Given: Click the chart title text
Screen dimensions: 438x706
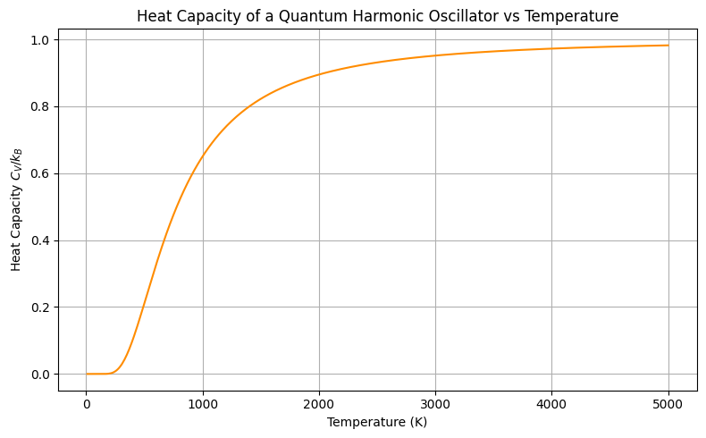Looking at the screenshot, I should (x=377, y=16).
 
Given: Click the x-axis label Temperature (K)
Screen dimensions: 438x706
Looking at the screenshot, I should (x=377, y=422).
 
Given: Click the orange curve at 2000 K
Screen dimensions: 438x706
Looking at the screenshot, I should (x=319, y=75).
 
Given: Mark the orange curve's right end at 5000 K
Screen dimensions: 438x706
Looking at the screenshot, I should (x=668, y=46).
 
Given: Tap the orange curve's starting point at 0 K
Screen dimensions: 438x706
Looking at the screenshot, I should (x=87, y=374).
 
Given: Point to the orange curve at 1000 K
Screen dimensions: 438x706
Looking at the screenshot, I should (x=203, y=156).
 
